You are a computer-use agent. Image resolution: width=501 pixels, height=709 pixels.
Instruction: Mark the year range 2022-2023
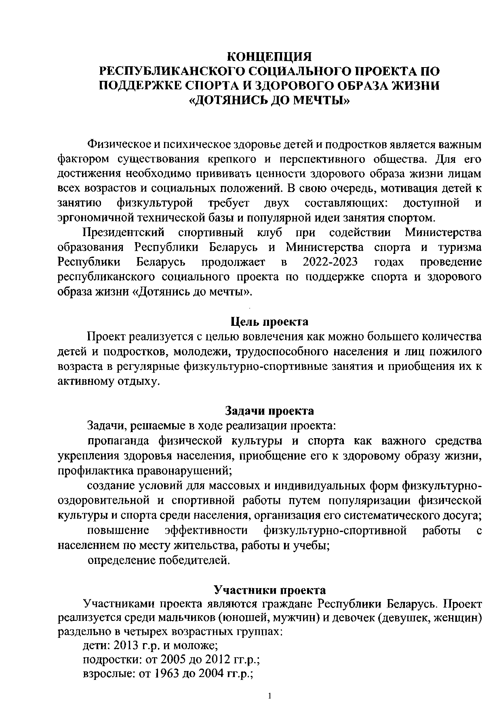[330, 262]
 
